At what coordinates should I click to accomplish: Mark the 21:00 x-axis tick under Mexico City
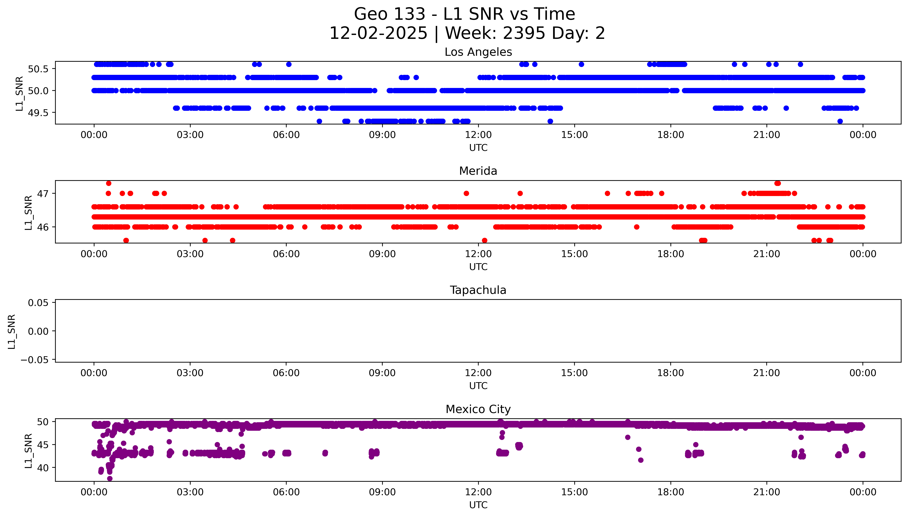pyautogui.click(x=767, y=492)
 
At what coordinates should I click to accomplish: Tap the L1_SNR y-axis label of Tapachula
pyautogui.click(x=12, y=331)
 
